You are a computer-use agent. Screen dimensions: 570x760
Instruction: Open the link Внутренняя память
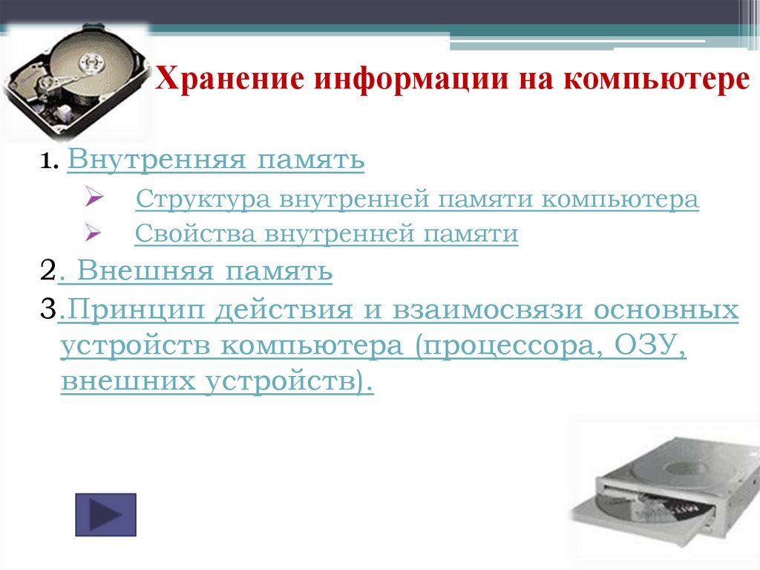point(215,159)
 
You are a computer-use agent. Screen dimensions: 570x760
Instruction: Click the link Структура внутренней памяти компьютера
point(417,199)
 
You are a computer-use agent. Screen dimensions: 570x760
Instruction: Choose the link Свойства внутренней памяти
point(327,234)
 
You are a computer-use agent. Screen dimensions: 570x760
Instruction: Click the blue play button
point(106,514)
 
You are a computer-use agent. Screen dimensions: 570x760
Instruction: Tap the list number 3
point(47,310)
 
